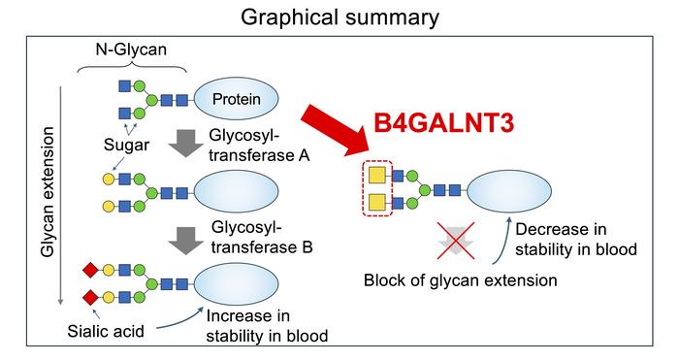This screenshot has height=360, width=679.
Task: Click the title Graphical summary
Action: (339, 17)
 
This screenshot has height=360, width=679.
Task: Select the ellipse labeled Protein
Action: (238, 98)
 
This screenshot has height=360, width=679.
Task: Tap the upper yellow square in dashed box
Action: (374, 176)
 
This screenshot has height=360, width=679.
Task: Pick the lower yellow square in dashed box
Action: (374, 203)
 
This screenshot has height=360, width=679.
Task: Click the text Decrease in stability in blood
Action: (575, 240)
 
